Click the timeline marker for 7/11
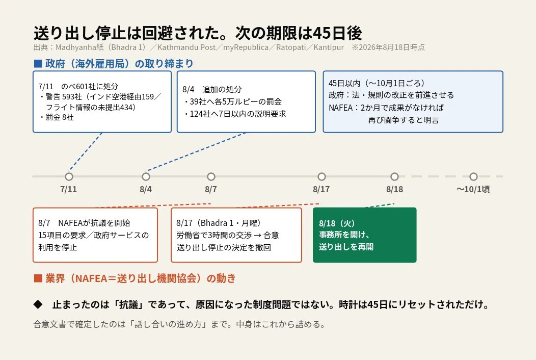69,176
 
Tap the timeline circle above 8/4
146,176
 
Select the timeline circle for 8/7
211,176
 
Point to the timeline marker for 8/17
321,176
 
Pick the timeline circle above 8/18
395,176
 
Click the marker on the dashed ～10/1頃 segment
473,176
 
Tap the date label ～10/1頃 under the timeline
473,189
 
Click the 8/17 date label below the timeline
321,189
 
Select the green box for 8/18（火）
365,235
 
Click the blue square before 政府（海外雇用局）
38,64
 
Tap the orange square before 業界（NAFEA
38,278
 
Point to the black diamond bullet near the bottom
38,304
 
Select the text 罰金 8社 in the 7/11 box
60,117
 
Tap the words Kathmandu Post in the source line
186,47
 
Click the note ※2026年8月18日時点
388,47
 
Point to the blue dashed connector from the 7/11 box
85,152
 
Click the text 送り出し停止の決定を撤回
224,247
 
